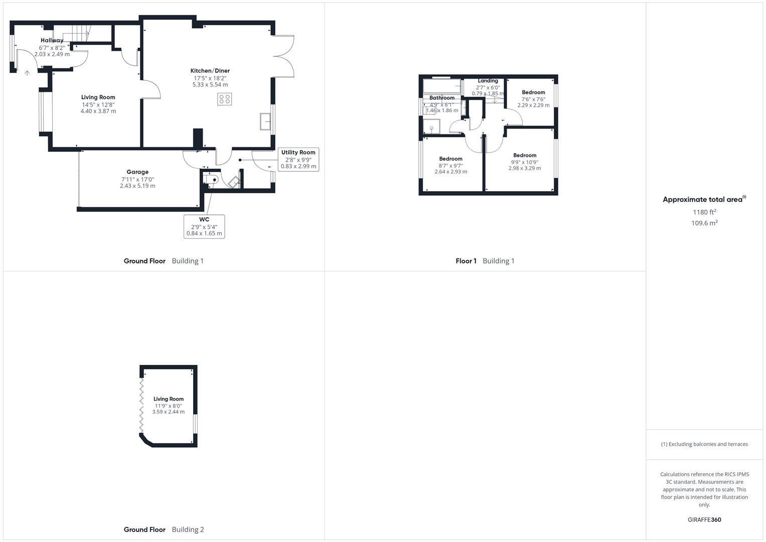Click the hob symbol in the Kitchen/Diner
pyautogui.click(x=225, y=99)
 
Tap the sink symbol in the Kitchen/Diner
pyautogui.click(x=265, y=121)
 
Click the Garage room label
pyautogui.click(x=137, y=172)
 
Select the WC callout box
pyautogui.click(x=204, y=226)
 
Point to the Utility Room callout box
pyautogui.click(x=298, y=160)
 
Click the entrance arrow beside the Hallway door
pyautogui.click(x=27, y=73)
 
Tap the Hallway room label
pyautogui.click(x=52, y=40)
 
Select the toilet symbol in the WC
pyautogui.click(x=212, y=179)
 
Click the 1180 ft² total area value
pyautogui.click(x=704, y=212)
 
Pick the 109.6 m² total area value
pyautogui.click(x=704, y=223)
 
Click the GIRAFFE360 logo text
pyautogui.click(x=704, y=520)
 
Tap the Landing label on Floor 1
pyautogui.click(x=488, y=81)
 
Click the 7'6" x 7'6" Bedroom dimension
pyautogui.click(x=533, y=99)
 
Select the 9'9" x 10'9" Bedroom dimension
pyautogui.click(x=525, y=162)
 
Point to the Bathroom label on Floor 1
pyautogui.click(x=441, y=98)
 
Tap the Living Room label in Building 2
pyautogui.click(x=169, y=399)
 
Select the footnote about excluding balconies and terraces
pyautogui.click(x=704, y=444)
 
